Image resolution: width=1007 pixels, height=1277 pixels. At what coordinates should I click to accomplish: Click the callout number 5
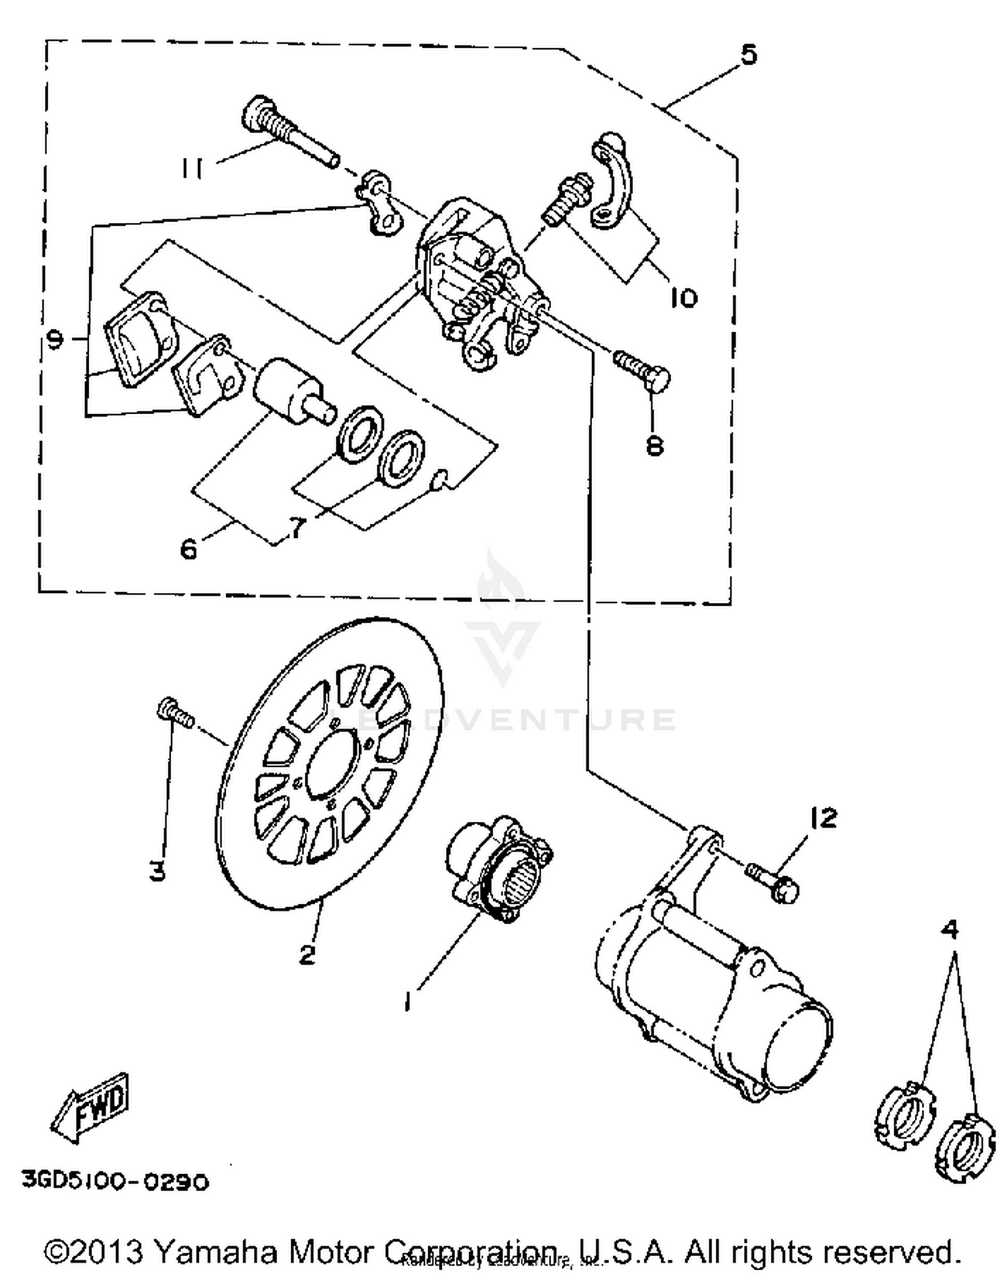pos(748,54)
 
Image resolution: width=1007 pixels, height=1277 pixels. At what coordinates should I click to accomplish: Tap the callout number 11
pos(193,168)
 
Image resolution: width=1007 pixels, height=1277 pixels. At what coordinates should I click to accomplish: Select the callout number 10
pos(683,297)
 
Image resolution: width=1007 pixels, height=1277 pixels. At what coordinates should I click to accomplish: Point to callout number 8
pos(655,444)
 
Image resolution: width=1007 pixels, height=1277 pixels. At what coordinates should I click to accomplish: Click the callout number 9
pos(56,340)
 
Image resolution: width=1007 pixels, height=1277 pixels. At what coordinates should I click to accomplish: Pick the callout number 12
pos(824,818)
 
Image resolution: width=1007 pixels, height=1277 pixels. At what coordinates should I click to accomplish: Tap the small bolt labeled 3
pos(175,713)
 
